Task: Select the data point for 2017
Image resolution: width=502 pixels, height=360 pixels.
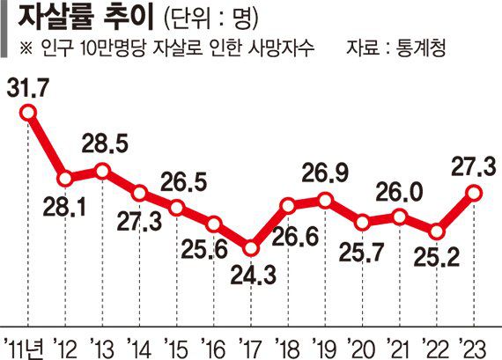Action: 251,249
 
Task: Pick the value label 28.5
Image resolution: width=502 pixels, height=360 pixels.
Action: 103,143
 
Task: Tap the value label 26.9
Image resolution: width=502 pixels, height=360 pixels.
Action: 325,172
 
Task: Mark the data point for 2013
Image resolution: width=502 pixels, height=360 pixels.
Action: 102,171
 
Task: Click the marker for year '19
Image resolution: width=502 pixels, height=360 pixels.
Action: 326,200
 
